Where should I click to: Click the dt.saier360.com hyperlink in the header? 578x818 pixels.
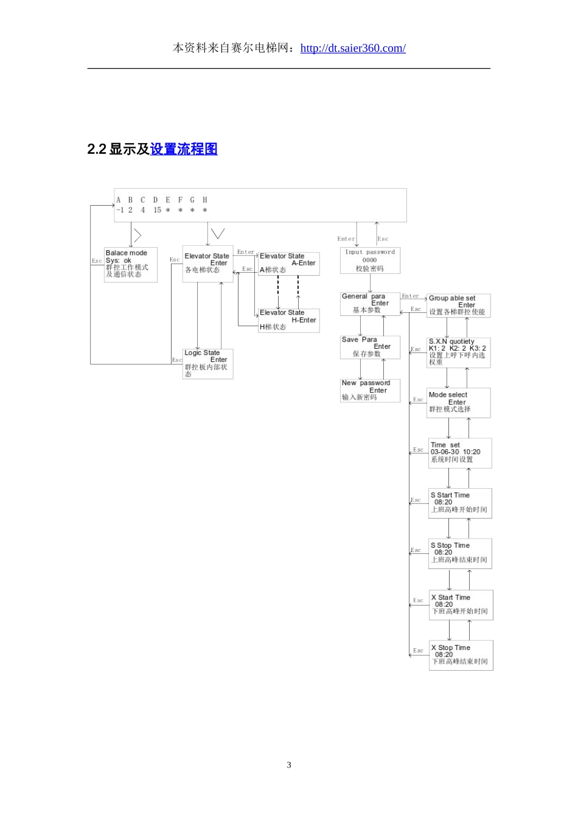[353, 48]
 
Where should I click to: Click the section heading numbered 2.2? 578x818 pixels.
[153, 149]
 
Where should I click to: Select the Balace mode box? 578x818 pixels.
[130, 264]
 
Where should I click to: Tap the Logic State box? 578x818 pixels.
[207, 363]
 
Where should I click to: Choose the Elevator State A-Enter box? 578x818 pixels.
[288, 264]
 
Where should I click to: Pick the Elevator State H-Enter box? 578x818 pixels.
[288, 320]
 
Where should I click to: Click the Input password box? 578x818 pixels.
[370, 260]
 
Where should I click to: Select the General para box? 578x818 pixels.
[370, 304]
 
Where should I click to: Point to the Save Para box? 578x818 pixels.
[370, 347]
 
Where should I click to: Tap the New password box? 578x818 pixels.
[370, 391]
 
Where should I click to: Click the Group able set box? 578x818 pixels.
[458, 306]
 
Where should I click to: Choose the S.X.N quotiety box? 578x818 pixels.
[458, 352]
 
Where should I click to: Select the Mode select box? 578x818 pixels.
[458, 402]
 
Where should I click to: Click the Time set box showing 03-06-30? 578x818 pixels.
[460, 453]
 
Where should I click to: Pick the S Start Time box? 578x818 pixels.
[460, 503]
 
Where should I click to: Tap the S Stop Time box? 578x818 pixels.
[460, 553]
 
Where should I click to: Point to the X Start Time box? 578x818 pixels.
[461, 605]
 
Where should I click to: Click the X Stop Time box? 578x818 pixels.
[461, 655]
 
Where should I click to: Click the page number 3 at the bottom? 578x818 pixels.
[289, 765]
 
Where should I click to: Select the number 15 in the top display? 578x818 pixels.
[157, 210]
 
